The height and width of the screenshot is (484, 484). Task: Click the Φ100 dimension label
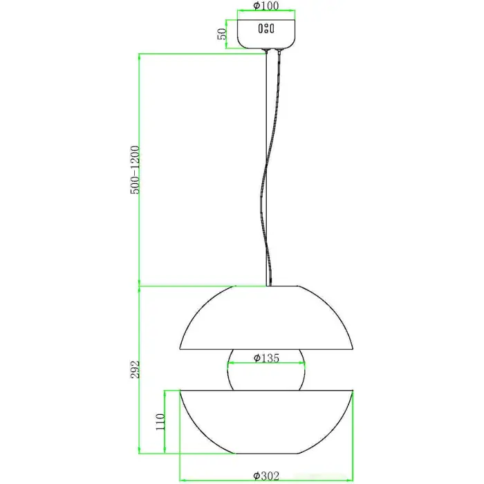(266, 6)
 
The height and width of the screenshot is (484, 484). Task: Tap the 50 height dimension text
(222, 34)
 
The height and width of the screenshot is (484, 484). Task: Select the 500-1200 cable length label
(135, 170)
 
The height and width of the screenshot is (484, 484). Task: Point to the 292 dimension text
(135, 369)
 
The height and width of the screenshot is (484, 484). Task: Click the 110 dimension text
(160, 422)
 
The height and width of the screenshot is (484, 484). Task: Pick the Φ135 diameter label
(266, 357)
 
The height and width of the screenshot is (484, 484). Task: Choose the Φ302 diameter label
(266, 476)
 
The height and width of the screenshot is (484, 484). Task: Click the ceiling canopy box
(266, 34)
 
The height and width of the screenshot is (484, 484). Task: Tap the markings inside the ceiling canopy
(266, 29)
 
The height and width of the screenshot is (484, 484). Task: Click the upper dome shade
(266, 318)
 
